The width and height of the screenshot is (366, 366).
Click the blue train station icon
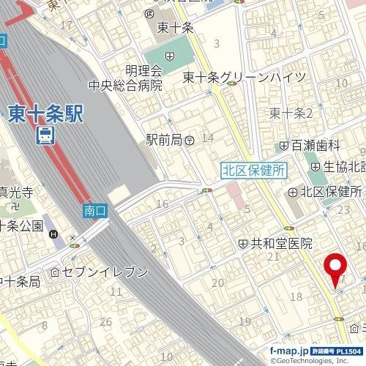(46, 135)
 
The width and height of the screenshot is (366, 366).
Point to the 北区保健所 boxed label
(253, 169)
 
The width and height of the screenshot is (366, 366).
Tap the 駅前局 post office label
(163, 138)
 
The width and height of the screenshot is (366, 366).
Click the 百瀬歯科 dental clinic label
(321, 145)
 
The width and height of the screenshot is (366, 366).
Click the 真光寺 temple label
(15, 193)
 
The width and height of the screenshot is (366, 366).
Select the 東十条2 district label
(291, 112)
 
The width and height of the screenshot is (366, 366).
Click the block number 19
(244, 321)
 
